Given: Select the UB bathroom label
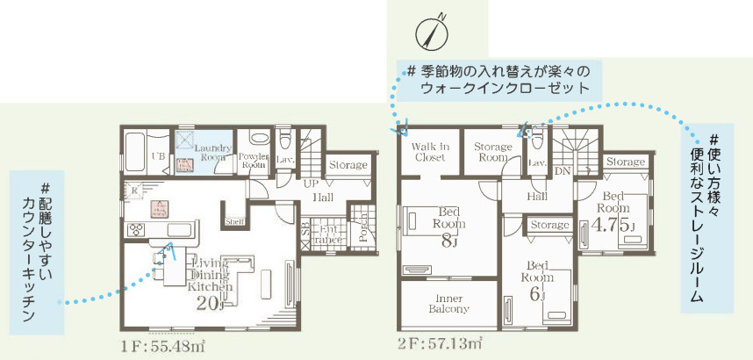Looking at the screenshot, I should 159,157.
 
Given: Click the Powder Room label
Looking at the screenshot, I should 254,161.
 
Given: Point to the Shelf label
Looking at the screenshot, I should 235,221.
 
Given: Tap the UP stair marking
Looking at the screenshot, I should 312,185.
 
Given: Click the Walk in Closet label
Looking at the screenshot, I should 430,152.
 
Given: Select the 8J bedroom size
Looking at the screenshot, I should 449,241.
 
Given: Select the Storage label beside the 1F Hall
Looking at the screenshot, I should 348,164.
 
